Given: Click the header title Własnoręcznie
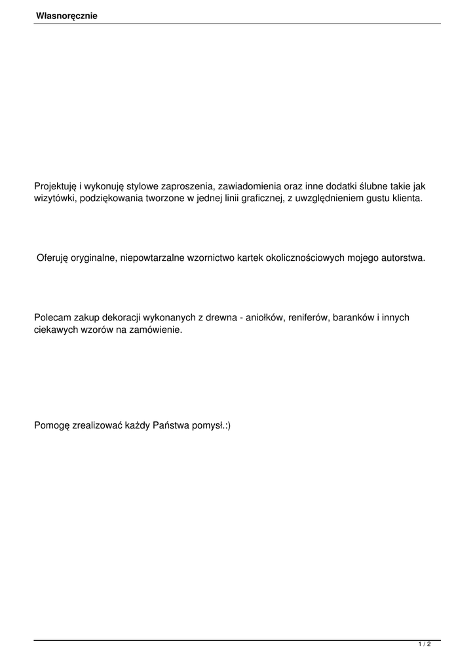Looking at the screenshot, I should click(67, 16).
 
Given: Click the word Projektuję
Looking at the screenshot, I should click(56, 186).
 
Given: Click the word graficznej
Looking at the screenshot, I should click(259, 199).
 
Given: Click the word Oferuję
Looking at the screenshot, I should click(54, 258).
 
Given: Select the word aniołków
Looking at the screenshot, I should click(263, 318).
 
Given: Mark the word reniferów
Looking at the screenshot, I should click(308, 318).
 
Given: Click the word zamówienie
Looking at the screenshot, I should click(155, 330).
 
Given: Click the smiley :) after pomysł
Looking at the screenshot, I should click(227, 425).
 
